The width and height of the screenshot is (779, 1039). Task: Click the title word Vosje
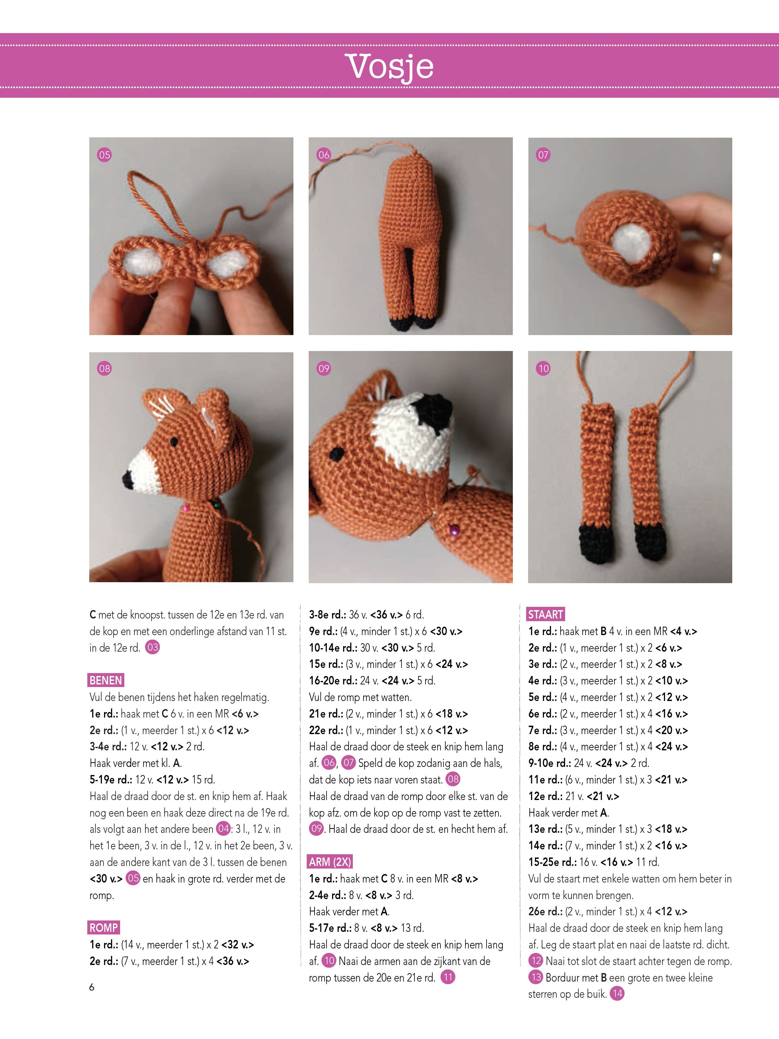pos(389,67)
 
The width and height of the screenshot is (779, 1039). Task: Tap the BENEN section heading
pos(105,680)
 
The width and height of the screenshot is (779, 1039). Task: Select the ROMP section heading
pos(104,928)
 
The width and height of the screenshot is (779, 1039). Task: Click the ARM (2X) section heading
pos(330,861)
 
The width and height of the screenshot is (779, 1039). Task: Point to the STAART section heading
pos(546,614)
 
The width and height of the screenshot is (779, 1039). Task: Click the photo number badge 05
pos(104,155)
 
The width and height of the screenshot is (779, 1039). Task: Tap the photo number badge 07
pos(543,155)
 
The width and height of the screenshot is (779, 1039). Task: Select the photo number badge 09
pos(324,368)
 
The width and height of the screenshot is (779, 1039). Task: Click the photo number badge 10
pos(543,368)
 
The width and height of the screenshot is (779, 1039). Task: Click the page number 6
pos(92,987)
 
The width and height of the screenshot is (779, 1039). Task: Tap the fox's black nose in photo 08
pos(128,480)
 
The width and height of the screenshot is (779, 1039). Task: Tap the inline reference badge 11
pos(448,977)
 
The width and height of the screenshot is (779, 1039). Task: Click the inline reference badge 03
pos(153,647)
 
